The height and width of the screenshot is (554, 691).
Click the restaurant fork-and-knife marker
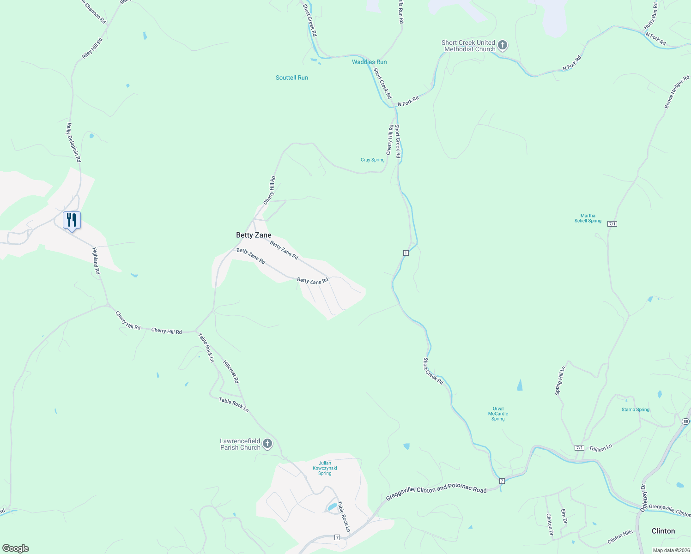coord(72,220)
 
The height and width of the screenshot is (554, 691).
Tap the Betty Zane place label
coord(254,235)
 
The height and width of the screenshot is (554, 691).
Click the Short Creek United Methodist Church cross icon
coord(503,46)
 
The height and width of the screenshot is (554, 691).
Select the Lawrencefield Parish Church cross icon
coord(267,444)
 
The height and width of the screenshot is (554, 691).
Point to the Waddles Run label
coord(369,62)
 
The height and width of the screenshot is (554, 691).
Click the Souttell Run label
coord(291,78)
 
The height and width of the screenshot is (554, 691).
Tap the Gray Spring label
coord(372,160)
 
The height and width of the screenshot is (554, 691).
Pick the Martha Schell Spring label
coord(588,218)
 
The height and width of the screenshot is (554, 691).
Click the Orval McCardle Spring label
coord(498,414)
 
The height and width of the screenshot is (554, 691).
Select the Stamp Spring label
coord(635,409)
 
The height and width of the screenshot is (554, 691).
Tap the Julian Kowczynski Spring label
coord(325,468)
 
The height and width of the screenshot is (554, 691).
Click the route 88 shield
coord(685,422)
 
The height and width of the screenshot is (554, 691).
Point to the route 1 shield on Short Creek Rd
coord(406,253)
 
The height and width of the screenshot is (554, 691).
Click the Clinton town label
coord(663,531)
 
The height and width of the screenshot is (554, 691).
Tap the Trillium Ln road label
coord(600,448)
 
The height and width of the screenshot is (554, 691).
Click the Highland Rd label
coord(96,261)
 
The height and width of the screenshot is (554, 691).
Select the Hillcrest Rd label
coord(231,372)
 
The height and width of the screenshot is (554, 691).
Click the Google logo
coord(16,548)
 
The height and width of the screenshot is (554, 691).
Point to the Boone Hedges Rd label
coord(677,92)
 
